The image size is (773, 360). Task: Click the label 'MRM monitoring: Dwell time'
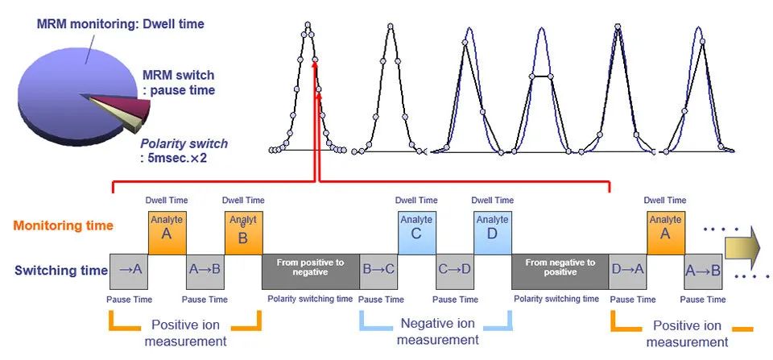[120, 24]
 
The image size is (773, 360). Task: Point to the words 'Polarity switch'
[183, 143]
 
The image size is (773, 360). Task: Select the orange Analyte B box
[243, 234]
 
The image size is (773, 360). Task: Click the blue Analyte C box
[416, 234]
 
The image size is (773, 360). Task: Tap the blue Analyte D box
[492, 234]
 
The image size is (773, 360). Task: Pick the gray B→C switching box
[378, 271]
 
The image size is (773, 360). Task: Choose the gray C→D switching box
[454, 271]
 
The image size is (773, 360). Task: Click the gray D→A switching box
[627, 271]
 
